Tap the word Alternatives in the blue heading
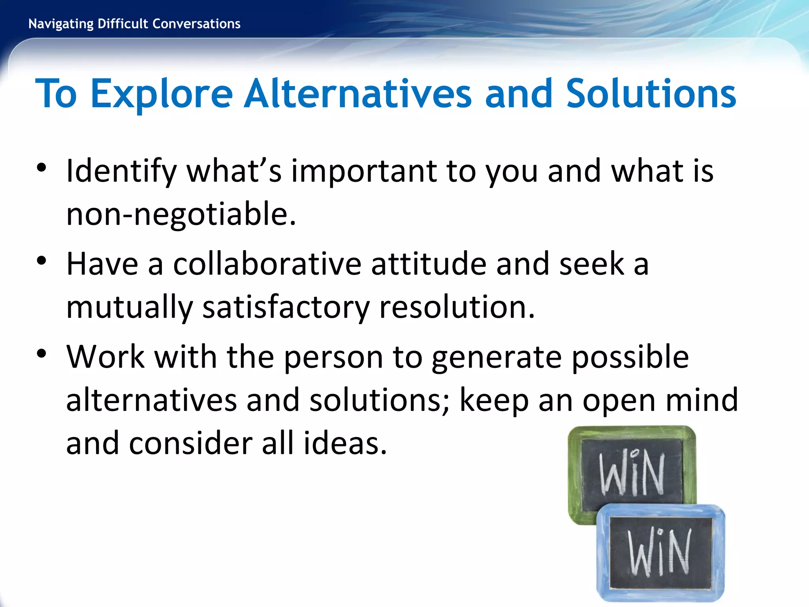click(357, 94)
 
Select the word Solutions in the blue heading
click(651, 94)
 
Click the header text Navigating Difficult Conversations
click(134, 24)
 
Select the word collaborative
click(267, 264)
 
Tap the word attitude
click(429, 264)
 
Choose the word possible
click(630, 357)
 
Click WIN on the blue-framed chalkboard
click(660, 552)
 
